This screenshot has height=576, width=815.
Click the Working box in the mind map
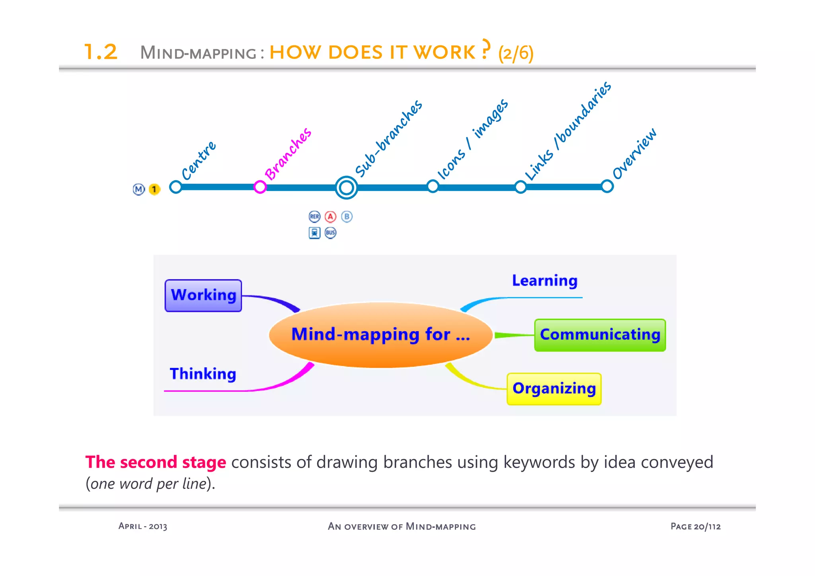(203, 295)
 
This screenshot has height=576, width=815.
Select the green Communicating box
(600, 335)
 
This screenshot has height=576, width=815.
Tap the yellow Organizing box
(554, 389)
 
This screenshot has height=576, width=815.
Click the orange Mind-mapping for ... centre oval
(380, 334)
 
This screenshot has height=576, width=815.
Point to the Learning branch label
(544, 281)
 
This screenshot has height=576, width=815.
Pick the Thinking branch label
(203, 374)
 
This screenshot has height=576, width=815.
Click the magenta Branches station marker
(260, 186)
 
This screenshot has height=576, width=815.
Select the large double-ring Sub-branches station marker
(346, 187)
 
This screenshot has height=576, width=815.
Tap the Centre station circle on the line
(175, 187)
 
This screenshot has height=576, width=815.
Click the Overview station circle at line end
(607, 186)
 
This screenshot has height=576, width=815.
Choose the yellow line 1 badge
(154, 189)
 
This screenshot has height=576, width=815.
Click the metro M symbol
(138, 189)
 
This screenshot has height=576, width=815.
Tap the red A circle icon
(330, 217)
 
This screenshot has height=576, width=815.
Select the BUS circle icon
(330, 233)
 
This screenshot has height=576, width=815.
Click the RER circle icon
(314, 217)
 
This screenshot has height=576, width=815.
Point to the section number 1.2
(101, 52)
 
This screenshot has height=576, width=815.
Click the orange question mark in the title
(485, 49)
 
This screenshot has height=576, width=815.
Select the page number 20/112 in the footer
(707, 527)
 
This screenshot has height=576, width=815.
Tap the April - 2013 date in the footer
(143, 526)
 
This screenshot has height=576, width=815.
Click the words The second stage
(156, 462)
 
